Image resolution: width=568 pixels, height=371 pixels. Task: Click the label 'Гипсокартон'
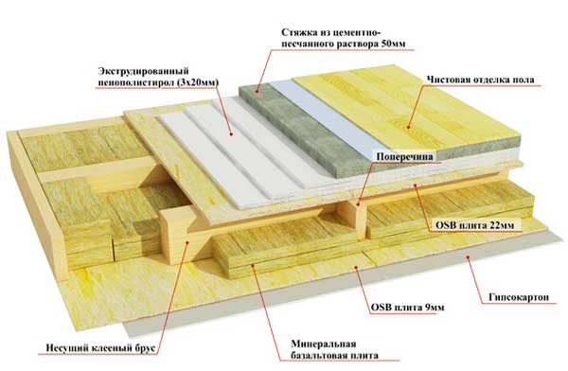[519, 297]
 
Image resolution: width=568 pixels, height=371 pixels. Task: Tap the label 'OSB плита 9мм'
[407, 308]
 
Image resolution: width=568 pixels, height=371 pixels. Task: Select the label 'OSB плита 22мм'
[474, 225]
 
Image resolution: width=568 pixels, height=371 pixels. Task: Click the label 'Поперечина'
[404, 157]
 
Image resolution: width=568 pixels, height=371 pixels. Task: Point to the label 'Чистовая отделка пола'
[480, 79]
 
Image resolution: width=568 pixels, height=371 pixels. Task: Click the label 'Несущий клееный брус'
[100, 348]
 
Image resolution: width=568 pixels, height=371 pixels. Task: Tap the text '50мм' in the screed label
[394, 44]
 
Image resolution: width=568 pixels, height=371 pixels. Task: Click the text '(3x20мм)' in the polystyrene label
[198, 82]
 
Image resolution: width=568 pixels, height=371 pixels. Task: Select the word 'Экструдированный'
[144, 71]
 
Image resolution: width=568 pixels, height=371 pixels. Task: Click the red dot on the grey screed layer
[257, 91]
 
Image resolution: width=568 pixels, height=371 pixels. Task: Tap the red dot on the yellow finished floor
[408, 127]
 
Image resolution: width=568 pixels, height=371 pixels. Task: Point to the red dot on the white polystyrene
[232, 133]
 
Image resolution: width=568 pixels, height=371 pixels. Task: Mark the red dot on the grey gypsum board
[468, 257]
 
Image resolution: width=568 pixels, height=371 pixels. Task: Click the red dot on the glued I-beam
[187, 242]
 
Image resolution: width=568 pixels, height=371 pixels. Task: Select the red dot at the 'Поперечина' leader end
[358, 205]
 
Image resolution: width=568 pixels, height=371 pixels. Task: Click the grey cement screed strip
[303, 131]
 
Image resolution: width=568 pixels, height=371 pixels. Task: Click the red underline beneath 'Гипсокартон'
[519, 304]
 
